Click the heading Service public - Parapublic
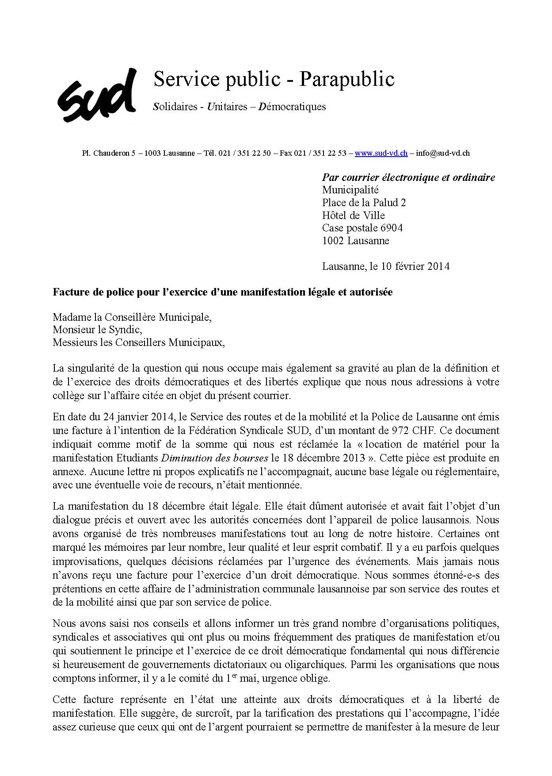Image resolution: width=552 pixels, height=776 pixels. coord(274,80)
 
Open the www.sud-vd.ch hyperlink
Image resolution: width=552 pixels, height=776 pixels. coord(381,153)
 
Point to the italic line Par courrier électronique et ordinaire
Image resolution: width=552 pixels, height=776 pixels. coord(408,177)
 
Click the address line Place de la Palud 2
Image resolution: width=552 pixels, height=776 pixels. coord(364,203)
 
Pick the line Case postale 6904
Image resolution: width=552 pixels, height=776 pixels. coord(362,228)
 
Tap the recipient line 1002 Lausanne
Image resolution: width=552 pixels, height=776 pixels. coord(355,241)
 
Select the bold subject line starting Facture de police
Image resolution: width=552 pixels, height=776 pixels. coord(222,292)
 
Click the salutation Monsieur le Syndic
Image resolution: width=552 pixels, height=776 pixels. coord(97,330)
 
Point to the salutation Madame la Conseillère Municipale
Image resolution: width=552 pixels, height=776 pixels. coord(132,317)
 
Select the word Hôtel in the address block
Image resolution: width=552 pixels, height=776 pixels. coord(336,215)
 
